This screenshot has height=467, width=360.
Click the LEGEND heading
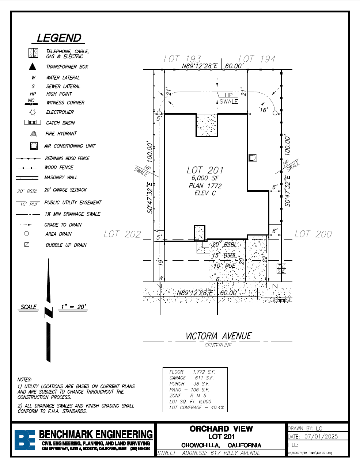click(59, 38)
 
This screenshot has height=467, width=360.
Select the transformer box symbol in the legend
click(33, 66)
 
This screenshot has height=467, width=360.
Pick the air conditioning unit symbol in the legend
click(34, 146)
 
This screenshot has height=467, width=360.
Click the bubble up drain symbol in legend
click(27, 245)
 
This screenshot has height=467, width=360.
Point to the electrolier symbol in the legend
click(33, 112)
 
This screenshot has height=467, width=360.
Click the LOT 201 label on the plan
click(205, 170)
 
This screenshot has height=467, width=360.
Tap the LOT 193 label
click(182, 59)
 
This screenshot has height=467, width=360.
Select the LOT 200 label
click(313, 234)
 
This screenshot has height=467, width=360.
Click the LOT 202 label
click(122, 234)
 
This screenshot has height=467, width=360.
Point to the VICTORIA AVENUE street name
click(219, 336)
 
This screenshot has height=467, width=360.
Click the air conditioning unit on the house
click(253, 158)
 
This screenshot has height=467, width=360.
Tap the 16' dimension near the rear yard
click(264, 110)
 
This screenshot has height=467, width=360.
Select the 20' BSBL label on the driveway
click(224, 244)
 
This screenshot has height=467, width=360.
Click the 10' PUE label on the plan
click(224, 265)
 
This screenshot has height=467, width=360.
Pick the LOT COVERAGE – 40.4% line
click(197, 407)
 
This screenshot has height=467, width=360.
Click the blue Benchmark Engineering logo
click(25, 440)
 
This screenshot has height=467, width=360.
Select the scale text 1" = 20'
click(73, 307)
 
